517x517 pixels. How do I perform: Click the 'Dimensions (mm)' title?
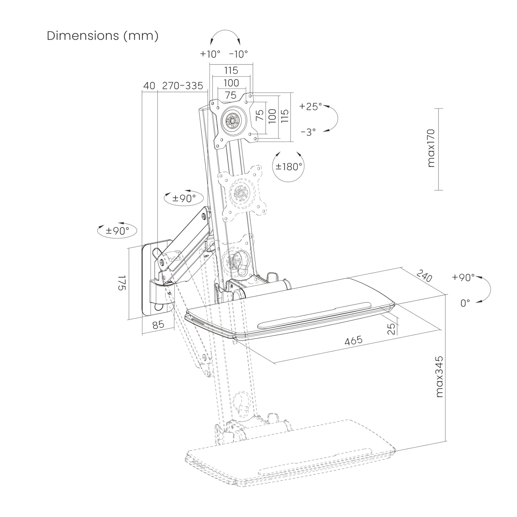(x=103, y=36)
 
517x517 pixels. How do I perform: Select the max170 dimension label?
(x=431, y=149)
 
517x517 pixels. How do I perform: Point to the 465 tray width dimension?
(x=354, y=341)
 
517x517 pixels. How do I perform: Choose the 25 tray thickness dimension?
(x=391, y=329)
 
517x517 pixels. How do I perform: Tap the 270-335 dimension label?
(x=183, y=86)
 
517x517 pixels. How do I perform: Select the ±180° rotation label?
(x=289, y=167)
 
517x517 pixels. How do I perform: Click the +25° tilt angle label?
(x=311, y=106)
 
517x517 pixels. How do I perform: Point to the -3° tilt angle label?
(x=308, y=132)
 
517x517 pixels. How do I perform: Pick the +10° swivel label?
(x=210, y=54)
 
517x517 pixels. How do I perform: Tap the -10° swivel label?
(x=239, y=54)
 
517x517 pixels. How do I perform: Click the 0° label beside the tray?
(x=465, y=303)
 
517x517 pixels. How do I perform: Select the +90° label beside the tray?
(x=463, y=277)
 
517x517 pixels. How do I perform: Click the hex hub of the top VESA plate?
(x=232, y=121)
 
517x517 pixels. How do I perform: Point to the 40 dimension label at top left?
(x=149, y=86)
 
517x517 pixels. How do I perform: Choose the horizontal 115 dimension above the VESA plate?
(x=231, y=70)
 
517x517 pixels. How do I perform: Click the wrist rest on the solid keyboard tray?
(x=314, y=314)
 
